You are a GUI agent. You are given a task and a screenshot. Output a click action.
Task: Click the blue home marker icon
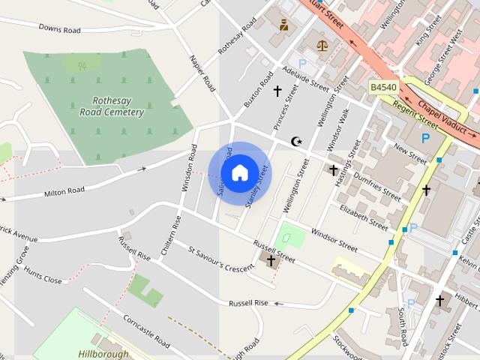(239, 172)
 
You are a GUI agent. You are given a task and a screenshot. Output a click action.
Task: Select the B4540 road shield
(383, 88)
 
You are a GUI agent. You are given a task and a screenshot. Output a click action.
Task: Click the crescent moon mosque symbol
(297, 141)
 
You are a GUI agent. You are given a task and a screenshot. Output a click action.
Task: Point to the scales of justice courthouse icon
(322, 45)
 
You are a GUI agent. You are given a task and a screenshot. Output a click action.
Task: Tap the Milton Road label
(64, 192)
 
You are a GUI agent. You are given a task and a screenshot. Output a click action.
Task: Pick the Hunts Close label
(43, 279)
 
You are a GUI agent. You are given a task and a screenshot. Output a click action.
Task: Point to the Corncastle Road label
(146, 327)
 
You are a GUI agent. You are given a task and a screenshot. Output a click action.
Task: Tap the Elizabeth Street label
(364, 215)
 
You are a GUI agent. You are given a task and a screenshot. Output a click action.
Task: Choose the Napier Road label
(202, 73)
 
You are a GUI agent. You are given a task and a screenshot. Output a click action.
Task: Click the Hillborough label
(103, 353)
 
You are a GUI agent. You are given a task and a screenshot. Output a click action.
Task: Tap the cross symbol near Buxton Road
(277, 91)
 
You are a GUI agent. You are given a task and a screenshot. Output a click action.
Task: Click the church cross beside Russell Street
(270, 261)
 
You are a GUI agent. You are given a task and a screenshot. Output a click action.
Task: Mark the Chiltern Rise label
(169, 234)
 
